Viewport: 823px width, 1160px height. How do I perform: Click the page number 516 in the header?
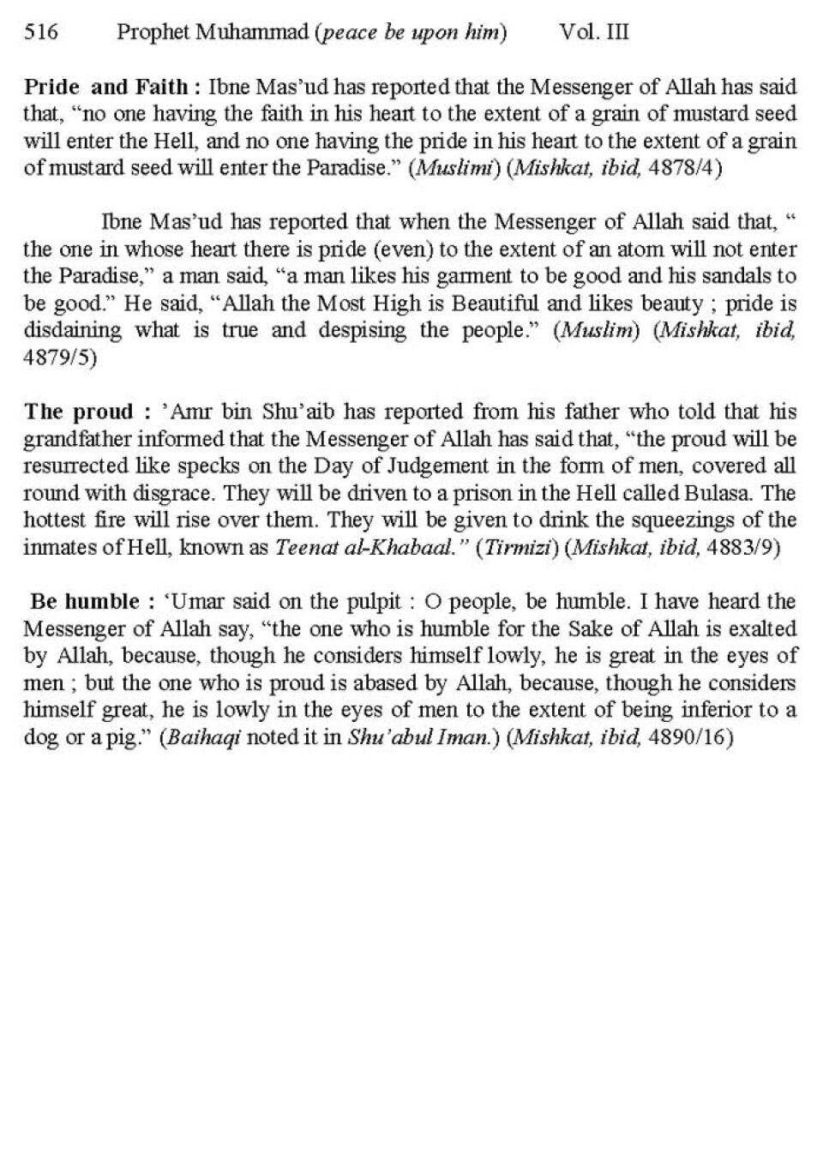[x=41, y=33]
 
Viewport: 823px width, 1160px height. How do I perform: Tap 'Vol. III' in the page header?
[x=594, y=33]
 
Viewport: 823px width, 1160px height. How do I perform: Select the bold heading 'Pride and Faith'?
[x=105, y=87]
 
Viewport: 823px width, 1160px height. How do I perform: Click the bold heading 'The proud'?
[x=79, y=412]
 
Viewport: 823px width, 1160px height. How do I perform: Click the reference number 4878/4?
[x=686, y=168]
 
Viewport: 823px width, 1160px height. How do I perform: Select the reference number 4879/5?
[x=59, y=358]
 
